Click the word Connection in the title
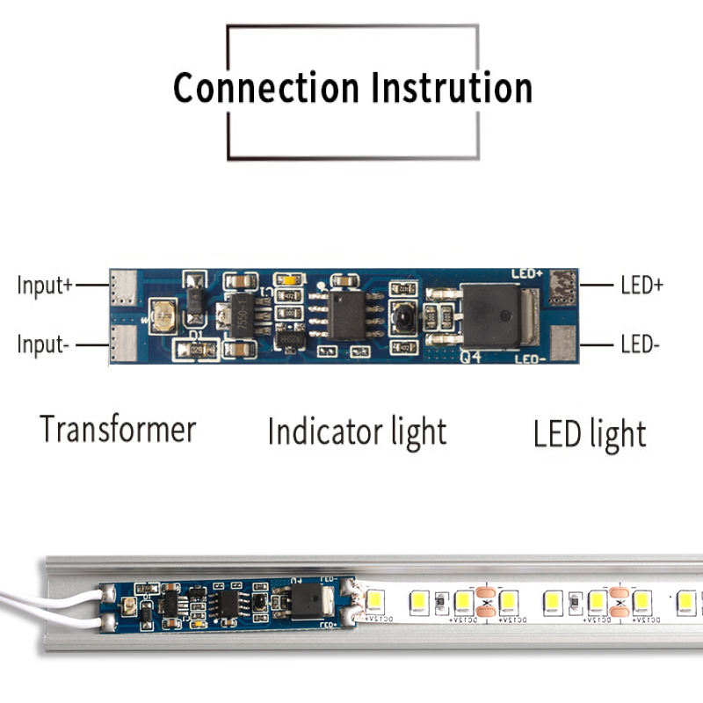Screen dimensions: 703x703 tap(265, 89)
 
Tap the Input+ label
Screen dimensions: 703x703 tap(44, 286)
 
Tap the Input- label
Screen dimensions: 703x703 tap(42, 344)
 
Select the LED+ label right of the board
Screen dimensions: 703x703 tap(641, 286)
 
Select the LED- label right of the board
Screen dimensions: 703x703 tap(640, 344)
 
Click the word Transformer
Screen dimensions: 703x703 tap(118, 431)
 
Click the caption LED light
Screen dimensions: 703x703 tap(590, 434)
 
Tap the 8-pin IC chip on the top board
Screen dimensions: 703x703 tap(346, 314)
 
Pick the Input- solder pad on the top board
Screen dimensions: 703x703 tap(124, 344)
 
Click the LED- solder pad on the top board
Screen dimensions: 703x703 tap(562, 341)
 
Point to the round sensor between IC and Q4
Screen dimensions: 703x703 tap(404, 314)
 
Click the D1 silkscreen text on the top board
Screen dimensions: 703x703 tap(196, 335)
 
